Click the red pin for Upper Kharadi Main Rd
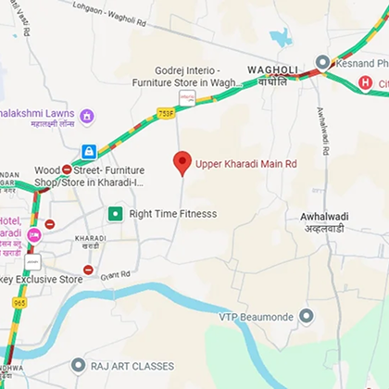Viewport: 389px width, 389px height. (x=182, y=162)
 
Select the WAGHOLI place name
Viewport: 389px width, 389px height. (x=270, y=69)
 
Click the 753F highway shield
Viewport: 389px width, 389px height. (x=165, y=113)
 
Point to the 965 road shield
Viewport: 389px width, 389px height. (x=19, y=302)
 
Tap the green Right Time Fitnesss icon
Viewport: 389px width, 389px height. (x=115, y=214)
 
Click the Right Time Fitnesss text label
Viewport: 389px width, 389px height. (x=172, y=214)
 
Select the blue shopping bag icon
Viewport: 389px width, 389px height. (x=89, y=151)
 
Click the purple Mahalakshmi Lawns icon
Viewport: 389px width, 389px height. (x=86, y=116)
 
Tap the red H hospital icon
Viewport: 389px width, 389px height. (x=365, y=83)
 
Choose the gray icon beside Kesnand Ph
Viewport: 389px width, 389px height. (x=321, y=62)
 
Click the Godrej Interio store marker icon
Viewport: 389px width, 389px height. (x=186, y=97)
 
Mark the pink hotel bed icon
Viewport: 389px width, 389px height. (x=34, y=235)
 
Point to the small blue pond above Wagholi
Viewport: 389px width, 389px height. (x=281, y=37)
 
